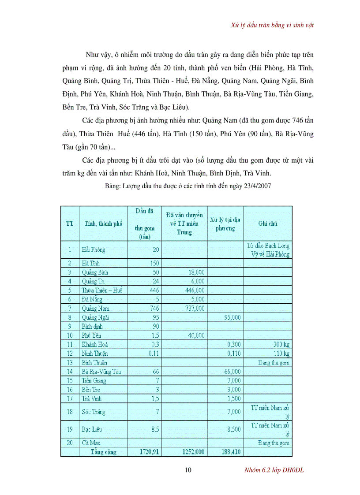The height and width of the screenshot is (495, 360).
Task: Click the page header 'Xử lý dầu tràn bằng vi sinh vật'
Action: click(x=272, y=25)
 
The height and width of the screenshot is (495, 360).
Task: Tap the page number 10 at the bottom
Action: click(x=188, y=470)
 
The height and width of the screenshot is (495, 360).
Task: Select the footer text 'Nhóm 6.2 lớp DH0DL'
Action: click(x=274, y=470)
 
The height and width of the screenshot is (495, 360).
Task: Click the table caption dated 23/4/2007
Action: click(x=188, y=186)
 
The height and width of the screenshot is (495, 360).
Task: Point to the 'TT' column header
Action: click(x=70, y=223)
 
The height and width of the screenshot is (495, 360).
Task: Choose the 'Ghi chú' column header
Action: click(x=267, y=223)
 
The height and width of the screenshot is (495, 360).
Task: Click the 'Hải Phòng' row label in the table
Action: click(x=94, y=250)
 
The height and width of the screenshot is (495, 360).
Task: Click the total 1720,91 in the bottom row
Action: click(x=149, y=452)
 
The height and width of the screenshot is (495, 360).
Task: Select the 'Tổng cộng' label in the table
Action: click(x=103, y=452)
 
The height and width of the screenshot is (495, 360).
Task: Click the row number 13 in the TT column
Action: click(x=70, y=362)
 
